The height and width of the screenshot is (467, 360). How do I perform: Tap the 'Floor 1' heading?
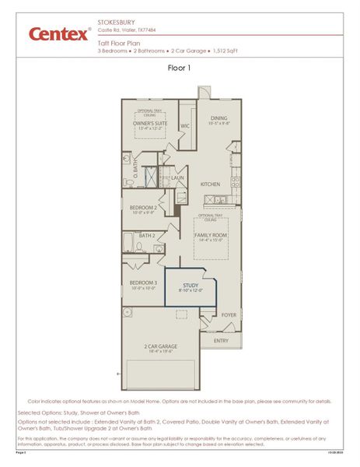(x=180, y=68)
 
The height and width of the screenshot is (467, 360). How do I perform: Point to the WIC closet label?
(x=185, y=125)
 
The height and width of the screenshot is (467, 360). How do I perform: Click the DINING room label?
(x=218, y=118)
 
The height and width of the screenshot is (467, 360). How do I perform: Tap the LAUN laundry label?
(x=177, y=177)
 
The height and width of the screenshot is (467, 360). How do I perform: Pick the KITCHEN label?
(x=211, y=184)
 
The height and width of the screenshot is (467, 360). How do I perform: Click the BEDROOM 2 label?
(x=144, y=208)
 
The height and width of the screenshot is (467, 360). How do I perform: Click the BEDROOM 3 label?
(x=144, y=283)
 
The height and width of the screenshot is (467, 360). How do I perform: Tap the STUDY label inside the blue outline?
(x=191, y=286)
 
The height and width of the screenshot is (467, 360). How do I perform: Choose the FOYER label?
(x=229, y=315)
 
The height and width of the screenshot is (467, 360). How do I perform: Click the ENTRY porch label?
(x=222, y=340)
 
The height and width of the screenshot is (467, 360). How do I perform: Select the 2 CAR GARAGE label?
(x=161, y=346)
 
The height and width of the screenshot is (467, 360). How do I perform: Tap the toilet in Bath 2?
(x=138, y=246)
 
